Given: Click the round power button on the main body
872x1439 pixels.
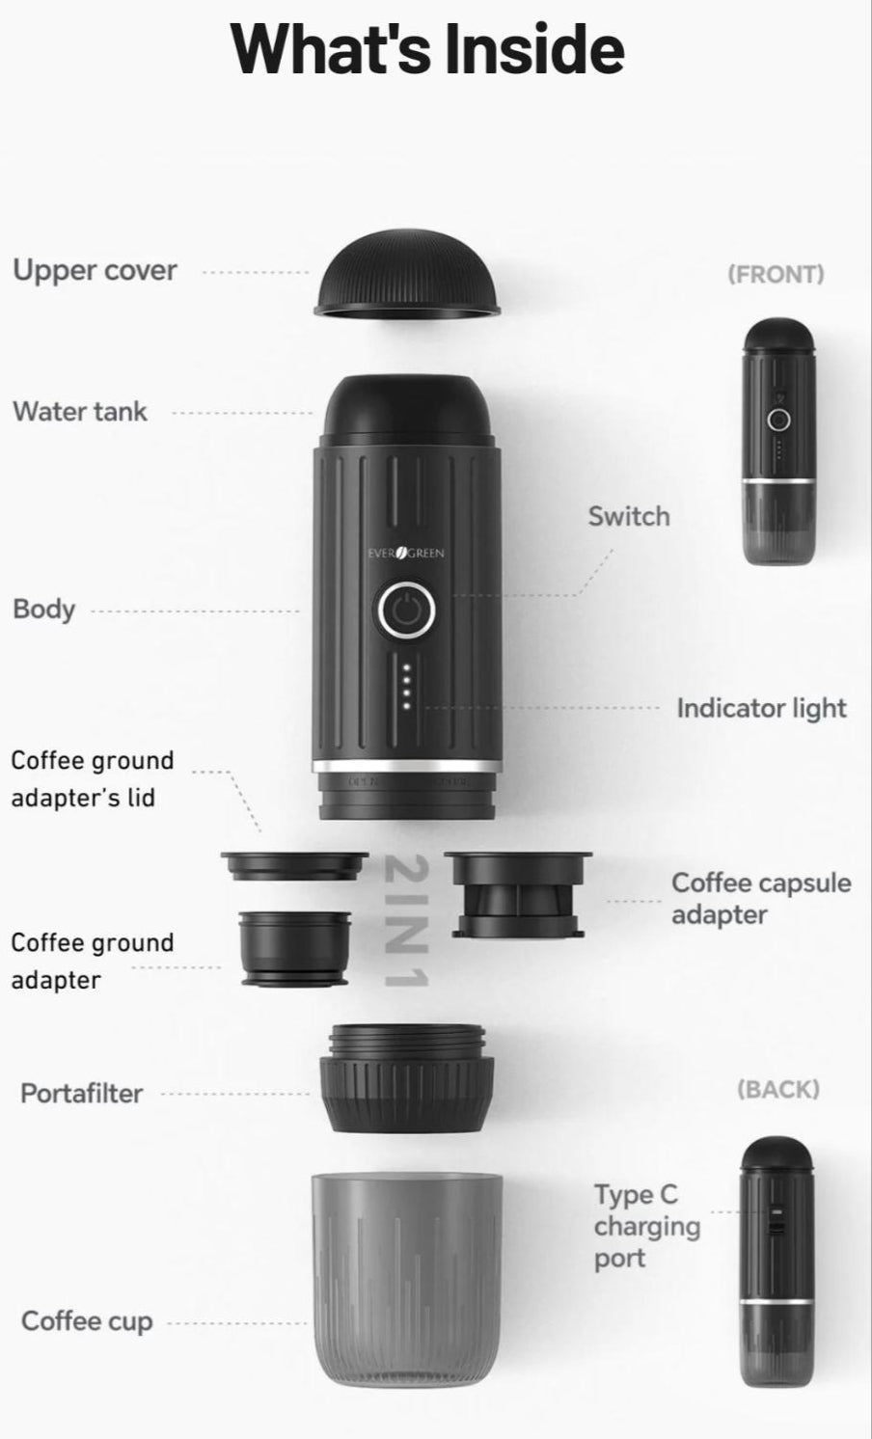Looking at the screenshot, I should point(406,610).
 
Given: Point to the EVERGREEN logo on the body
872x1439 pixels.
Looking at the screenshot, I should point(406,553).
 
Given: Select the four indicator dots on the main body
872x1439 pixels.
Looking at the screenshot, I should point(406,686).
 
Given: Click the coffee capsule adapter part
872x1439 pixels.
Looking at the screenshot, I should point(518,893).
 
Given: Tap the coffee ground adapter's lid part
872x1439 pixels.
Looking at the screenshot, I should point(294,864).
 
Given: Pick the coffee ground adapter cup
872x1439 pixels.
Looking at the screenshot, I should point(294,949).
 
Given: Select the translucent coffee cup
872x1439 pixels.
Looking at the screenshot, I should point(406,1278).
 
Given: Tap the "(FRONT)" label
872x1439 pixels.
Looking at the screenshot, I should point(776,274).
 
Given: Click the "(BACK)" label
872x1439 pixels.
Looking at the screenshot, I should point(777,1089).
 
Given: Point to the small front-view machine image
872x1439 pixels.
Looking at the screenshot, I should point(778,441).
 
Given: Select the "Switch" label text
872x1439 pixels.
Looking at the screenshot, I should point(628,517).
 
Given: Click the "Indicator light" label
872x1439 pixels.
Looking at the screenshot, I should point(761,708).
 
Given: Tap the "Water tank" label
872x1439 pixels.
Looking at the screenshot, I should point(80,412).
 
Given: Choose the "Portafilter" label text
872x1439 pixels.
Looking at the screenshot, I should point(81,1094).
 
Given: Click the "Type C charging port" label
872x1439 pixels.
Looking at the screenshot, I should point(646,1226).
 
